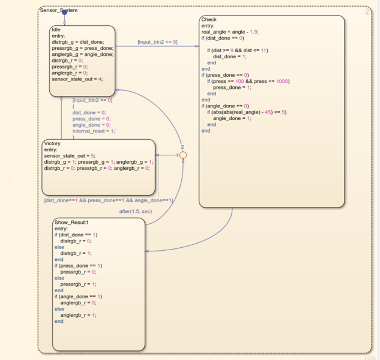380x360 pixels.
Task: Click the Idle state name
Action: [x=56, y=29]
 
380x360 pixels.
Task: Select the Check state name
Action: [x=209, y=20]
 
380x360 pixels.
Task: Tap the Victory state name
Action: [x=52, y=143]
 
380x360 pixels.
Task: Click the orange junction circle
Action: [x=184, y=155]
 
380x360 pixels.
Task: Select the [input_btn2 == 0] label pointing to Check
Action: [x=157, y=42]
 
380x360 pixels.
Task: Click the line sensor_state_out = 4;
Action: [x=77, y=79]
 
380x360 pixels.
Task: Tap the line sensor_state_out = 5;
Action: [x=70, y=155]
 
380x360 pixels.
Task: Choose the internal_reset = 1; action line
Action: [x=94, y=131]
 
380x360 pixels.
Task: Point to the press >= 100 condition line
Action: [x=246, y=80]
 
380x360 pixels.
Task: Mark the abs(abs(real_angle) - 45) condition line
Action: [x=247, y=112]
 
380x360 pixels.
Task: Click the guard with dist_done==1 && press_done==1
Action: [x=109, y=200]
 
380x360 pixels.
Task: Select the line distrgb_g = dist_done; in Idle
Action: [x=78, y=42]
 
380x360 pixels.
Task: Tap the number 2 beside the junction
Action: [x=182, y=147]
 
